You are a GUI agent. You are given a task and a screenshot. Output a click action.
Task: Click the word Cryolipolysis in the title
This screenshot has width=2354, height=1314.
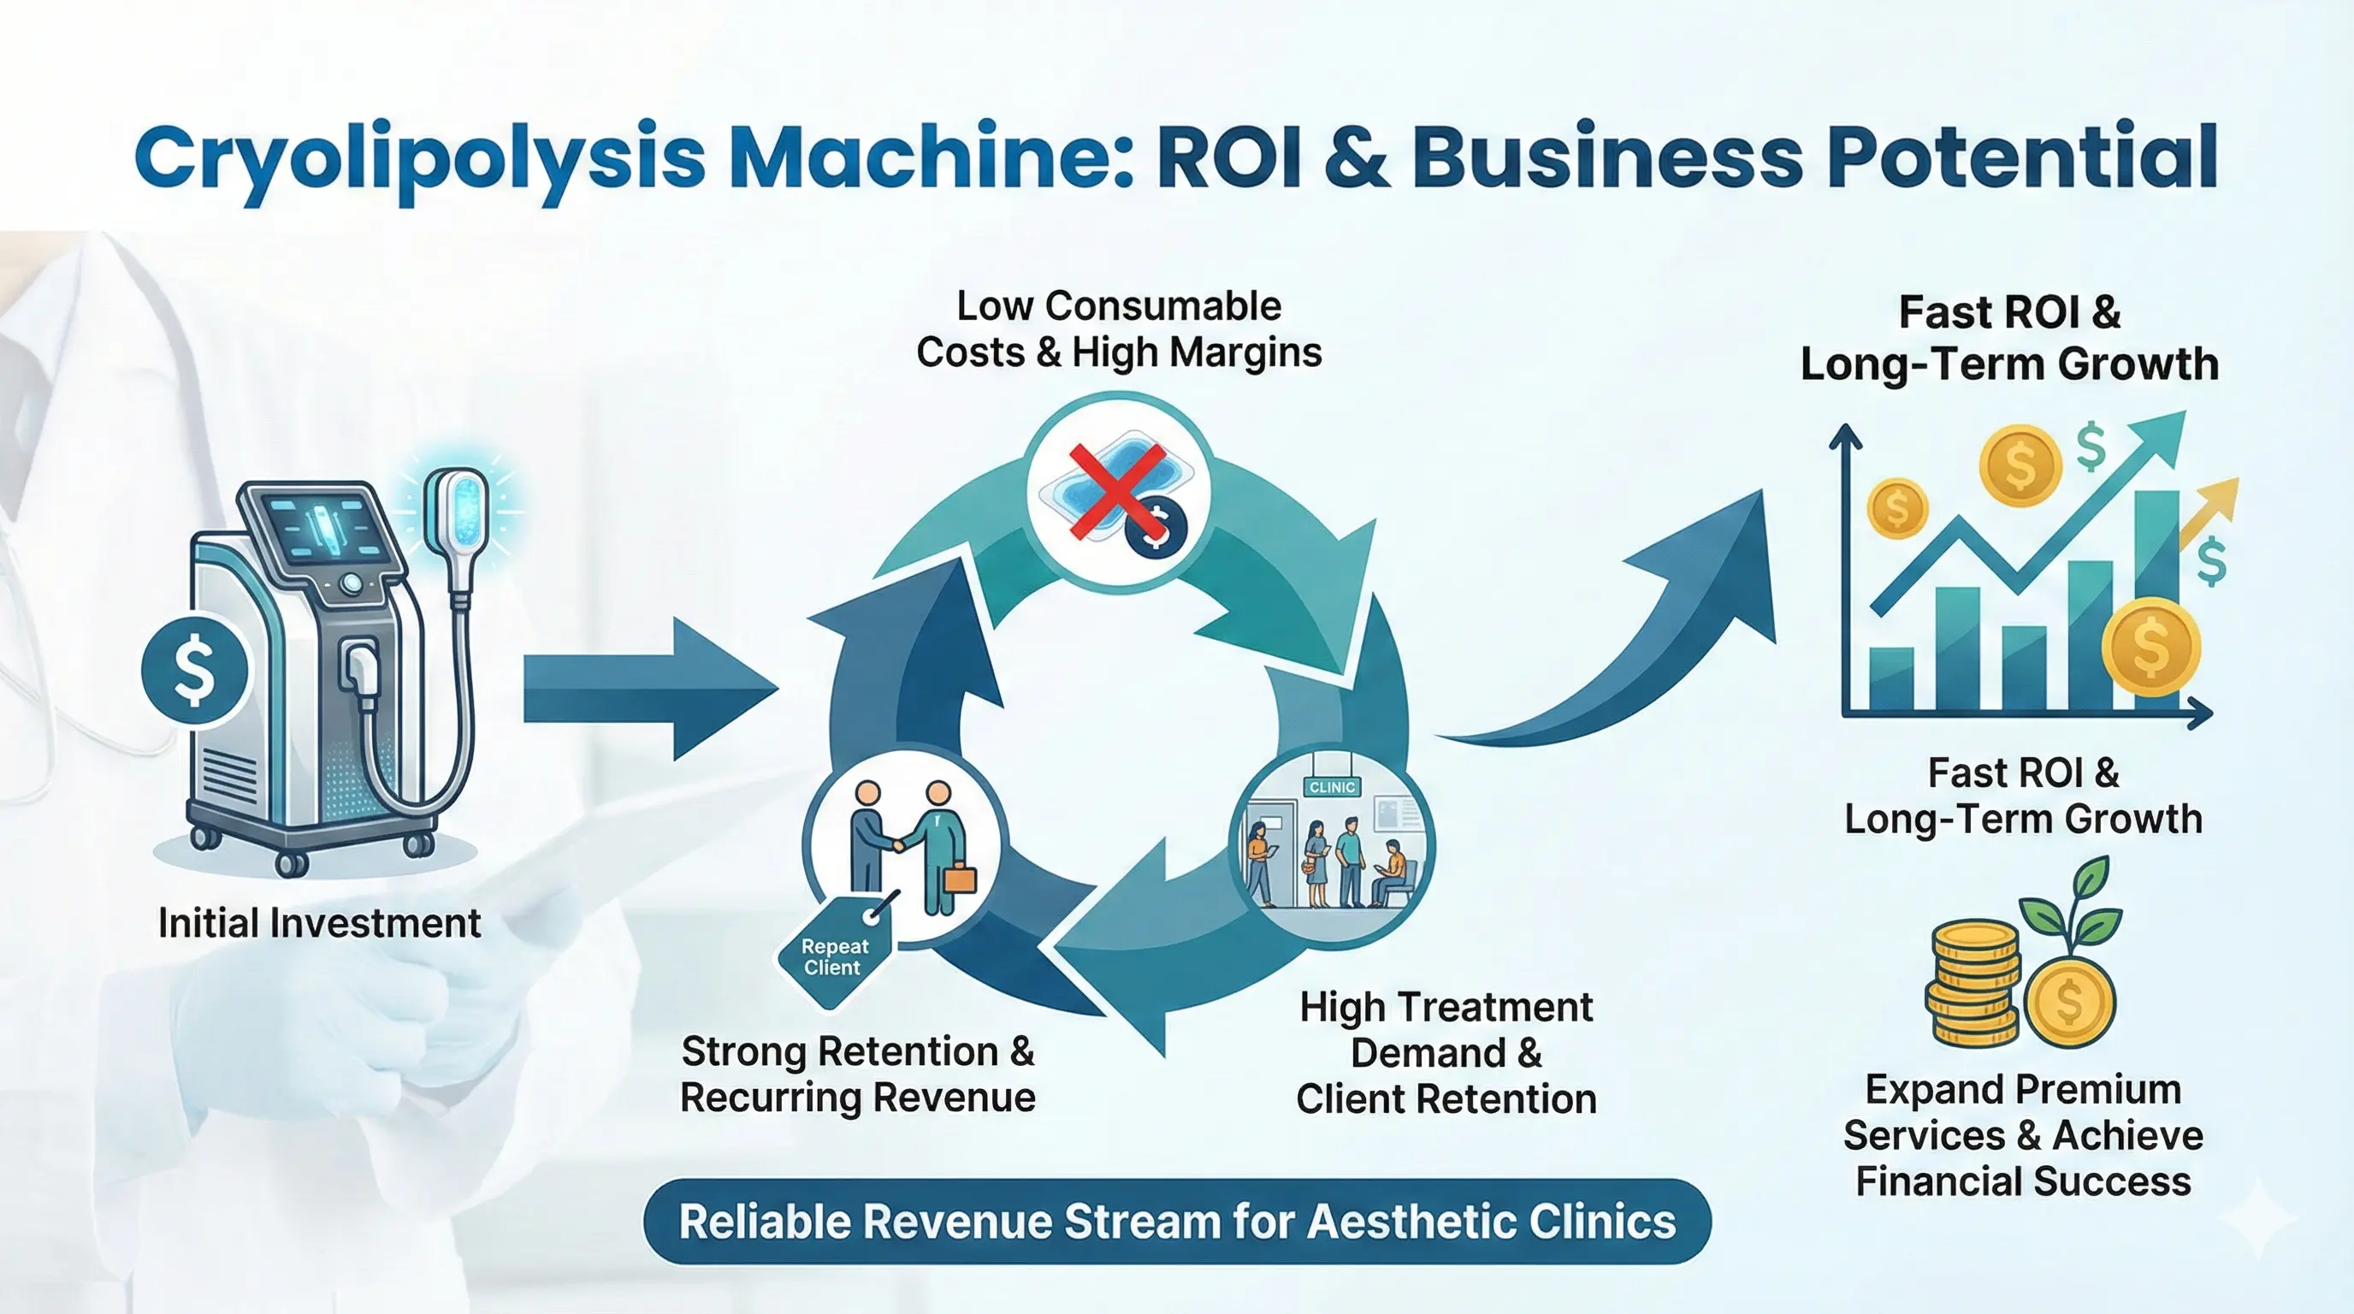tap(420, 157)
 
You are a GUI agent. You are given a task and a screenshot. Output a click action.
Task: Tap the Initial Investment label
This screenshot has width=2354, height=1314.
tap(319, 923)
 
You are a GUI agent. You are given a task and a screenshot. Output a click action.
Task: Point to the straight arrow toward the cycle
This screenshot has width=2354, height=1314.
tap(649, 688)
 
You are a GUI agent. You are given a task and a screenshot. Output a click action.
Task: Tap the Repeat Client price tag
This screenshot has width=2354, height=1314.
tap(833, 956)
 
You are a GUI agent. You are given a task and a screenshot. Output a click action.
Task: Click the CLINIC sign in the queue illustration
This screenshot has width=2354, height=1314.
tap(1332, 787)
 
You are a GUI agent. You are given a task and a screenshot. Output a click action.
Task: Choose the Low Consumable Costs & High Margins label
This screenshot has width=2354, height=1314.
tap(1119, 329)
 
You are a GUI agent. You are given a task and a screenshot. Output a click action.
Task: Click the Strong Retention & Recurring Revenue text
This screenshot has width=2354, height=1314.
tap(857, 1074)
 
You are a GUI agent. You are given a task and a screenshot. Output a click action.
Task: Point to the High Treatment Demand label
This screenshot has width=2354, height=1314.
tap(1446, 1053)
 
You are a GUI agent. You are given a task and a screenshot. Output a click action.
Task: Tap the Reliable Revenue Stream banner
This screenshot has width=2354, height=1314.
tap(1177, 1222)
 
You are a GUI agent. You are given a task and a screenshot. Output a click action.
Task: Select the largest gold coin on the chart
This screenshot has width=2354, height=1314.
tap(2150, 647)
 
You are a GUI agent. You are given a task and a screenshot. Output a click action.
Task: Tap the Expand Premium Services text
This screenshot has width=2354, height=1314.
tap(2023, 1135)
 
